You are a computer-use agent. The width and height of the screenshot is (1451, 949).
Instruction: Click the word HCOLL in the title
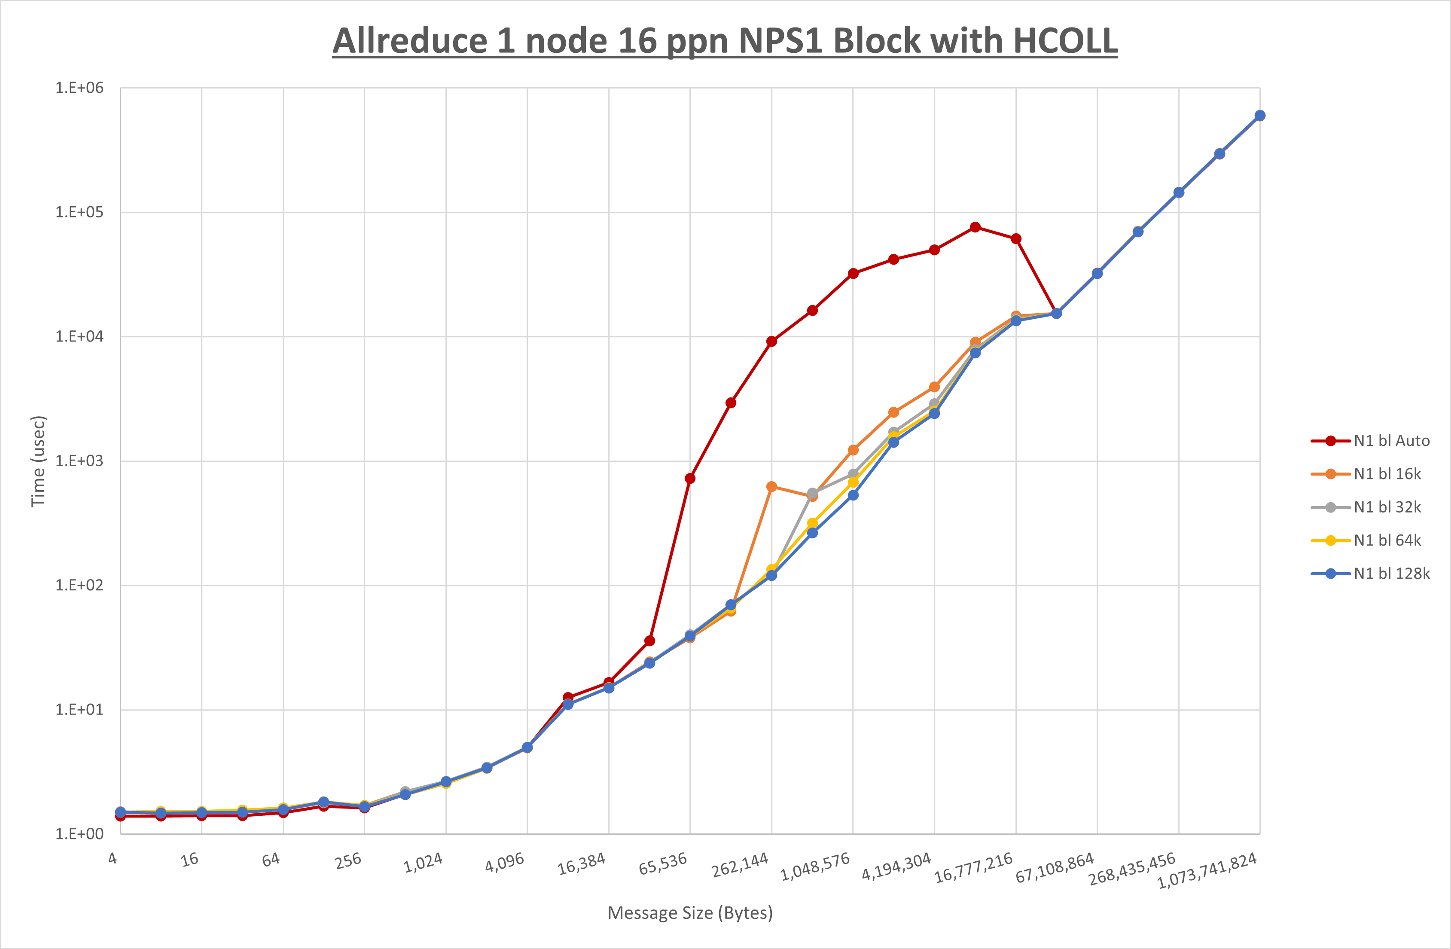point(1065,42)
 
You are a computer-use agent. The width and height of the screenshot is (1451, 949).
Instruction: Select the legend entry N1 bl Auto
point(1391,441)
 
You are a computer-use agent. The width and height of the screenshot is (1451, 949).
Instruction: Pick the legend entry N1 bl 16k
point(1387,474)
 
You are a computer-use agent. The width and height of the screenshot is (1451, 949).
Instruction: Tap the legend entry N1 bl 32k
point(1387,507)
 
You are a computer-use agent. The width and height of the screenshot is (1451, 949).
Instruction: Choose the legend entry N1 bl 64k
point(1387,540)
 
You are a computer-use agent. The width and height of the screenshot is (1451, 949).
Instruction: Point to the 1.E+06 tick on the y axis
point(79,88)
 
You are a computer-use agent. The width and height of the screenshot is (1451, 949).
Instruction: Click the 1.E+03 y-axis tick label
point(79,461)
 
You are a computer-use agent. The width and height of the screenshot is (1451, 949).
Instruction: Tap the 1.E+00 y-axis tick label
point(79,834)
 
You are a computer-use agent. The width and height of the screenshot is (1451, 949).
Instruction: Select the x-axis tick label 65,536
point(663,864)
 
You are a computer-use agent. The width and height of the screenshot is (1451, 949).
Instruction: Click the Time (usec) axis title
point(38,461)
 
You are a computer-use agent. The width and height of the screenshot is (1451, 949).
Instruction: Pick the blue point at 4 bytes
point(120,812)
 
